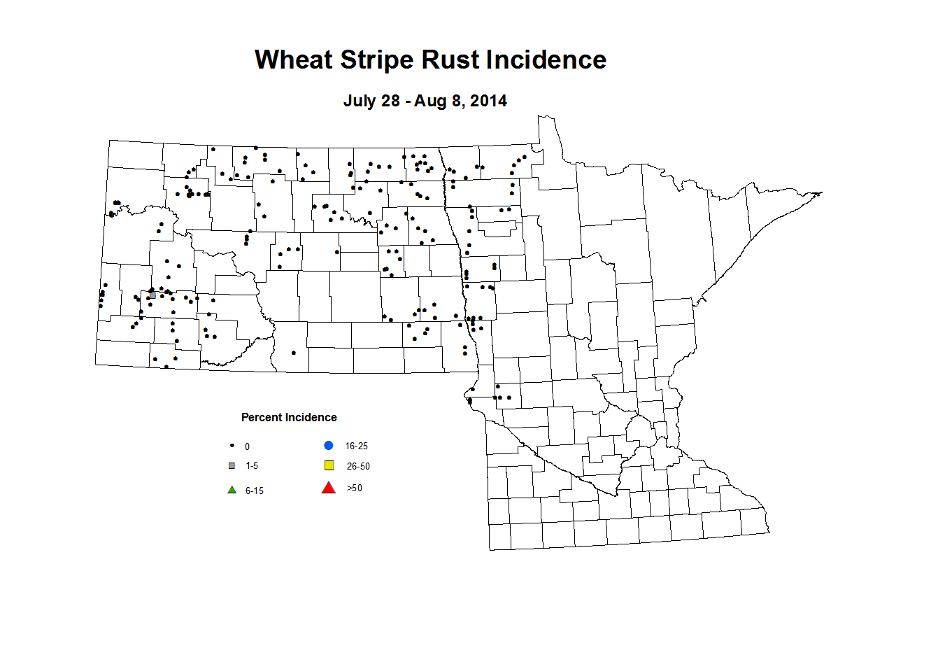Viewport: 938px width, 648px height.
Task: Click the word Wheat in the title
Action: [x=294, y=60]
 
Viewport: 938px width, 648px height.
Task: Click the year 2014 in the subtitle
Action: [x=488, y=101]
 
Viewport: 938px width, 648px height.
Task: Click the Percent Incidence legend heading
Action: [x=289, y=418]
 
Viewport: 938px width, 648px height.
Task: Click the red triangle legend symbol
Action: [x=328, y=488]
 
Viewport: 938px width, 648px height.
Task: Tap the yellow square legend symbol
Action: [x=329, y=465]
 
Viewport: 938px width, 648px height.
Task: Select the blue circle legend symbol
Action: [x=328, y=446]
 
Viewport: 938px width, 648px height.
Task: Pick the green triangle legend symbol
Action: [x=232, y=490]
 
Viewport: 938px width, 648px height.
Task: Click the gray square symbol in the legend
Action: [x=232, y=465]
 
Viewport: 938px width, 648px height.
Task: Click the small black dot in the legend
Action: [x=232, y=446]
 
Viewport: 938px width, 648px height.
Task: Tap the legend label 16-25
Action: [x=356, y=446]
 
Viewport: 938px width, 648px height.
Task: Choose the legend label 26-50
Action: [x=358, y=466]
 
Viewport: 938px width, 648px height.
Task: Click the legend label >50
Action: [x=355, y=488]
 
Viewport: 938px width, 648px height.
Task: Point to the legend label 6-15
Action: [x=255, y=491]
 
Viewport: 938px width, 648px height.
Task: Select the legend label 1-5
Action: [x=252, y=466]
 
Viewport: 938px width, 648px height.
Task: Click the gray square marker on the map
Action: [x=152, y=295]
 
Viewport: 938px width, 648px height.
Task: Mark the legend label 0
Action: [x=247, y=447]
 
